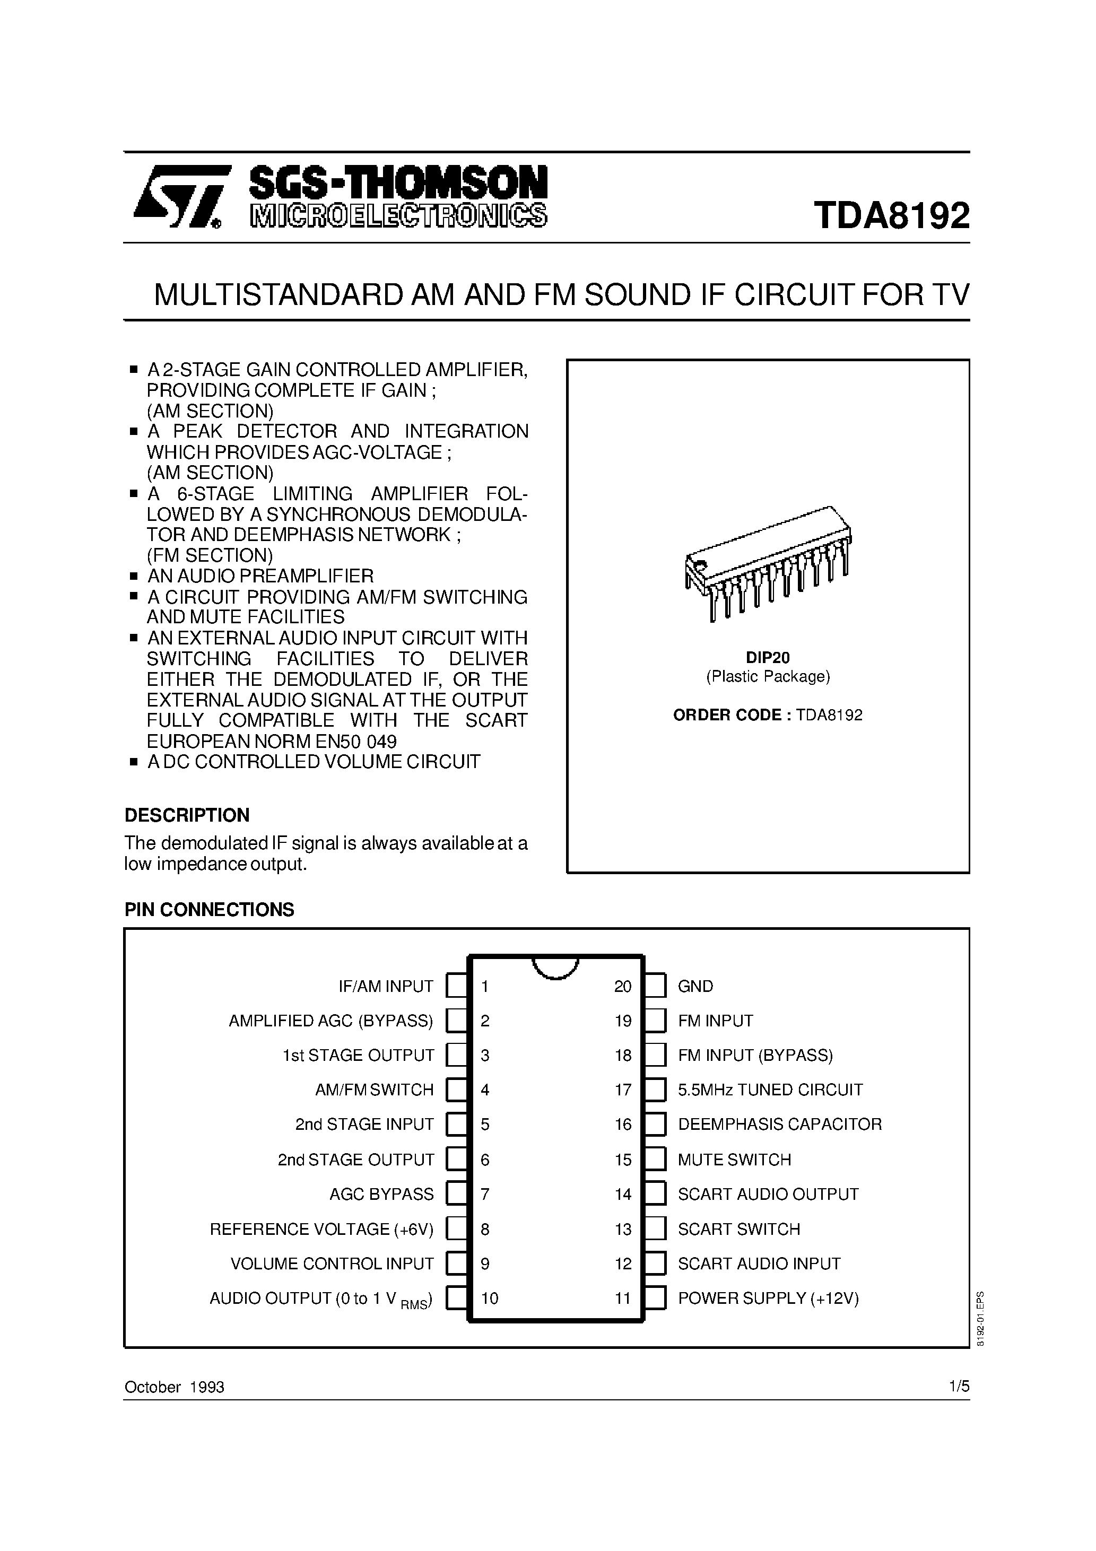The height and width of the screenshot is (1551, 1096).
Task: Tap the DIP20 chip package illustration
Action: pyautogui.click(x=768, y=563)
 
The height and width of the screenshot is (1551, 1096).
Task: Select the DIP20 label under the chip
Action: pyautogui.click(x=768, y=657)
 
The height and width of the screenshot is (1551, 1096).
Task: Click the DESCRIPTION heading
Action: pyautogui.click(x=187, y=815)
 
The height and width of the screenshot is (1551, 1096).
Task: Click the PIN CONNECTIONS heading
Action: pyautogui.click(x=210, y=909)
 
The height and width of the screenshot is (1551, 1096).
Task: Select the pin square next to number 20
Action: pyautogui.click(x=655, y=986)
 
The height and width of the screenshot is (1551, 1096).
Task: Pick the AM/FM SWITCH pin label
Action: pyautogui.click(x=375, y=1090)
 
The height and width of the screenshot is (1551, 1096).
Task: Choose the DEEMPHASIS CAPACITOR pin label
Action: pyautogui.click(x=780, y=1124)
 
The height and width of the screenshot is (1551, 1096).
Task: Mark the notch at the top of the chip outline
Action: pyautogui.click(x=555, y=968)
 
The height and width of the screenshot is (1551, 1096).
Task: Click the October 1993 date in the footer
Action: pyautogui.click(x=175, y=1387)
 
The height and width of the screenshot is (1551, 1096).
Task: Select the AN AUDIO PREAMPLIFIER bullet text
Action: pyautogui.click(x=260, y=576)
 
